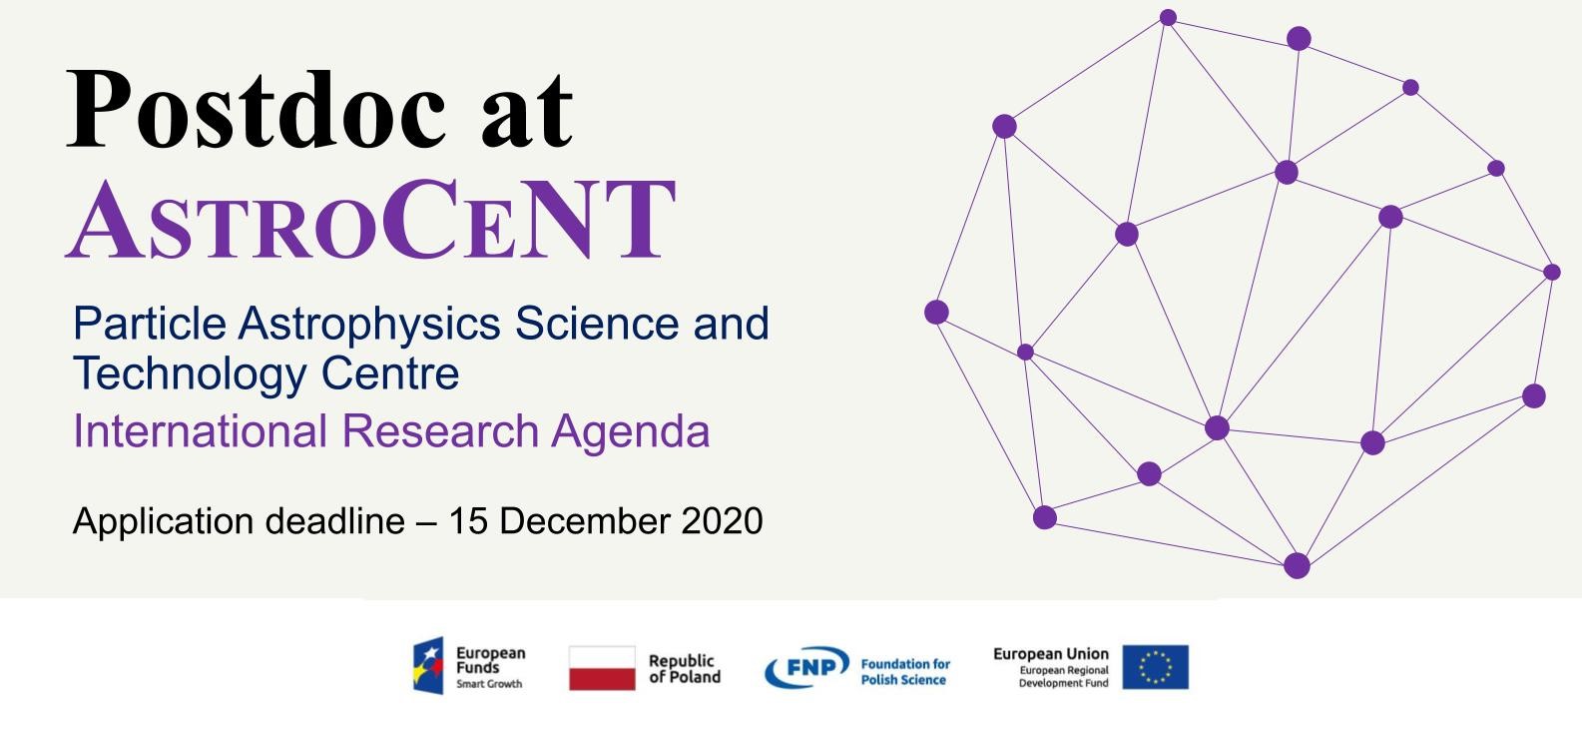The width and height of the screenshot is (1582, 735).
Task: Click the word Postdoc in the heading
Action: click(257, 110)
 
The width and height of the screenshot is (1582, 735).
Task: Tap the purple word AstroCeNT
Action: click(370, 220)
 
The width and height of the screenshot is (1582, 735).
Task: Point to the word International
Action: click(200, 430)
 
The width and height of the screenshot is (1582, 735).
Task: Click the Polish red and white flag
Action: click(602, 668)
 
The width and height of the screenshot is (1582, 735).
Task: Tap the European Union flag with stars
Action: click(1156, 666)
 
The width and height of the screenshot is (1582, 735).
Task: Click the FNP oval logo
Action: click(806, 666)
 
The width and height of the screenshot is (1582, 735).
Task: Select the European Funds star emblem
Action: click(429, 665)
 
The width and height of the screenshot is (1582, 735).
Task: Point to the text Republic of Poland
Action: click(685, 668)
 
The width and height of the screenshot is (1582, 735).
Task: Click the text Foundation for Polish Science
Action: click(905, 672)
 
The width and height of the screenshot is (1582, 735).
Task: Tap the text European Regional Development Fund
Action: click(1064, 676)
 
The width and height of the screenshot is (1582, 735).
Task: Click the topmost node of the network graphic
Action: click(1168, 17)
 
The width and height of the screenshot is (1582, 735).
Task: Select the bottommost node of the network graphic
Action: click(1297, 565)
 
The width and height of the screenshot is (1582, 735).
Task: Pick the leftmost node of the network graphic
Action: click(936, 312)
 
